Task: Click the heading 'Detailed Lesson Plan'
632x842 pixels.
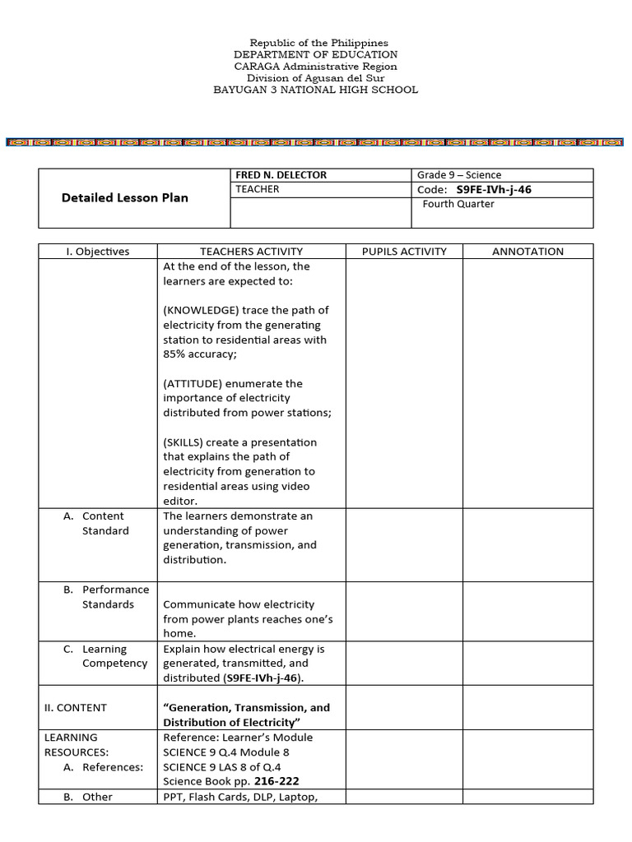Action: (125, 197)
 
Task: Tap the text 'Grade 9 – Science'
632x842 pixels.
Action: (459, 175)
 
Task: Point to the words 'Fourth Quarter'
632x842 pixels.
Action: (458, 204)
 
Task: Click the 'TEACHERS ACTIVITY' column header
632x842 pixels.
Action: (251, 252)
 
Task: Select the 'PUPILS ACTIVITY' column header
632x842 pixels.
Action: (404, 252)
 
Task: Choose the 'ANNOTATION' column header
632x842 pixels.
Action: (527, 252)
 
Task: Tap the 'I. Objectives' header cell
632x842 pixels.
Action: (98, 252)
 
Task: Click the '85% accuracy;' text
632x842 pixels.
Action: (197, 354)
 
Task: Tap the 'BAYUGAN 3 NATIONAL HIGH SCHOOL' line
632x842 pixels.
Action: (315, 90)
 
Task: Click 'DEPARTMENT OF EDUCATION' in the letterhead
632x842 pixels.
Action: (315, 54)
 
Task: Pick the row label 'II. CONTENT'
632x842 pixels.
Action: (76, 707)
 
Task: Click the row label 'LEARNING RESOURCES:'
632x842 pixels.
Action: (72, 745)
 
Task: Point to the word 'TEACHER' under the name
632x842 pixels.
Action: (258, 189)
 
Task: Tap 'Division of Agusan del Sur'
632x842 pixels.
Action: (315, 78)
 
